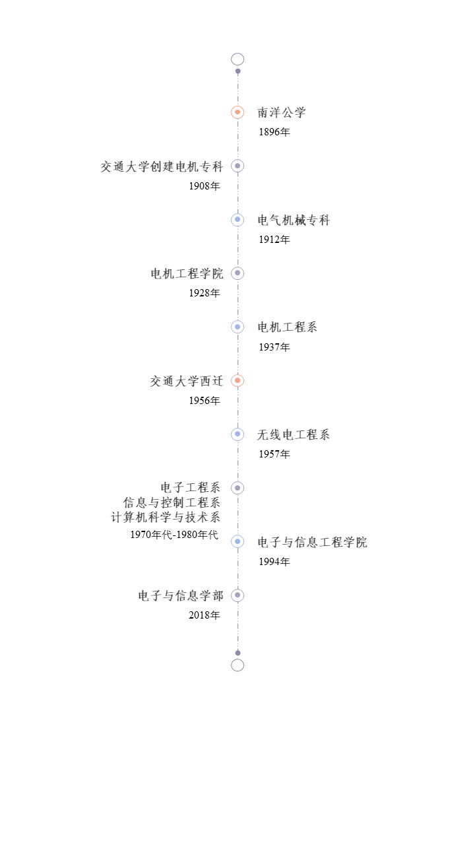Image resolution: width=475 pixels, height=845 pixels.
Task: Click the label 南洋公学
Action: (x=282, y=112)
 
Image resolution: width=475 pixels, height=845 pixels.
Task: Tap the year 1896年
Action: (x=274, y=132)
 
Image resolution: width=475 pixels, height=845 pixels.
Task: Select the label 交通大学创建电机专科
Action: (x=162, y=166)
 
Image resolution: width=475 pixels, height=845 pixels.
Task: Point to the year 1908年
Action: (x=205, y=186)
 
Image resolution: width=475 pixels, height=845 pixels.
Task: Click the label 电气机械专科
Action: (x=294, y=220)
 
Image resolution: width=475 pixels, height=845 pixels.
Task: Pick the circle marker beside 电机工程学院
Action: (x=237, y=273)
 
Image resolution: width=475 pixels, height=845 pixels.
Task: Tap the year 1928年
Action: (x=205, y=293)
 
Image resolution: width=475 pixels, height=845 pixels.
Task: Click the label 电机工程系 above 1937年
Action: (x=287, y=327)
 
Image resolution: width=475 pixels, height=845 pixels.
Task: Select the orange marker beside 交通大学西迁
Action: (x=237, y=381)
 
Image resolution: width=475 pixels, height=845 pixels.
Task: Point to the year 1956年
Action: (x=205, y=401)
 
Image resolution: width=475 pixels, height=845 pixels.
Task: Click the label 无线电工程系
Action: (x=294, y=434)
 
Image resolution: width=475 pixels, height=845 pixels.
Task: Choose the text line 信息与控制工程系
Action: (x=172, y=502)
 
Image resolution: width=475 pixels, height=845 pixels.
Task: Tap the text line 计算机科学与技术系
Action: (x=166, y=517)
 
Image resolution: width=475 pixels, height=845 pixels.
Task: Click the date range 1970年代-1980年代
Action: (x=174, y=535)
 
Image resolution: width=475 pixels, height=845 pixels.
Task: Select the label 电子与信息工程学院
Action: (x=312, y=543)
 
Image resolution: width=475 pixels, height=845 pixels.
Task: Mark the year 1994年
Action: (x=274, y=562)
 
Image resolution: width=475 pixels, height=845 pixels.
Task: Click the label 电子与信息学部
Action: (x=181, y=595)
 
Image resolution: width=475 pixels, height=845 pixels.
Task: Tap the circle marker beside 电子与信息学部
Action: (x=237, y=595)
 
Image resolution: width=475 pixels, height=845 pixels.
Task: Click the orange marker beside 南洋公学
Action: (x=237, y=112)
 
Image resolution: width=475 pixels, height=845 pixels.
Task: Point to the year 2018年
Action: (x=205, y=615)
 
